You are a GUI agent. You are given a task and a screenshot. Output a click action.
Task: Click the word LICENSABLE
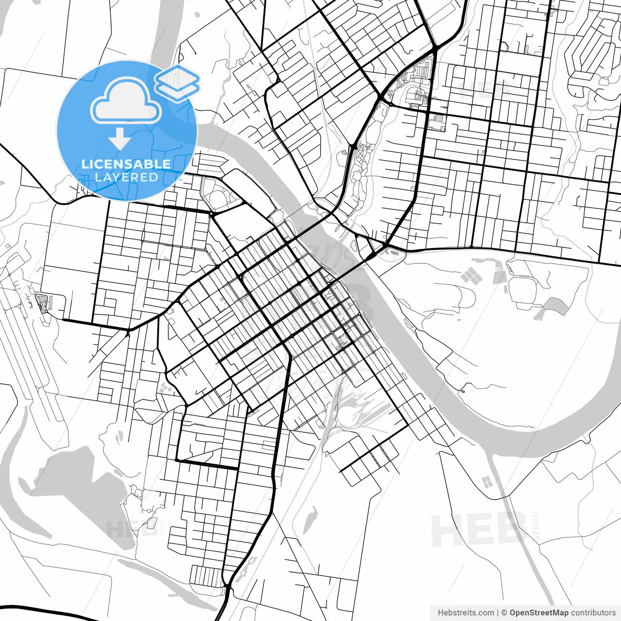tap(126, 164)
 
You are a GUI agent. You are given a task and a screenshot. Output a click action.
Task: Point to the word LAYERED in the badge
tap(126, 177)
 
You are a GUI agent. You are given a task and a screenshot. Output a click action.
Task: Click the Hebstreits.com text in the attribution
tap(466, 613)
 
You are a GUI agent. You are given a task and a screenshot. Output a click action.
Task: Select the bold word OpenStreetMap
tap(539, 613)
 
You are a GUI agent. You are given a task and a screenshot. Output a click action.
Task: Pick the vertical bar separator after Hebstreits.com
tap(498, 613)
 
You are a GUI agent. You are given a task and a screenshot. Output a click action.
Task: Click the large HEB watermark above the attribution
tap(478, 529)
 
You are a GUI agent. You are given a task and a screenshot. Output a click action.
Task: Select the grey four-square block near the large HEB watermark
tap(486, 481)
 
